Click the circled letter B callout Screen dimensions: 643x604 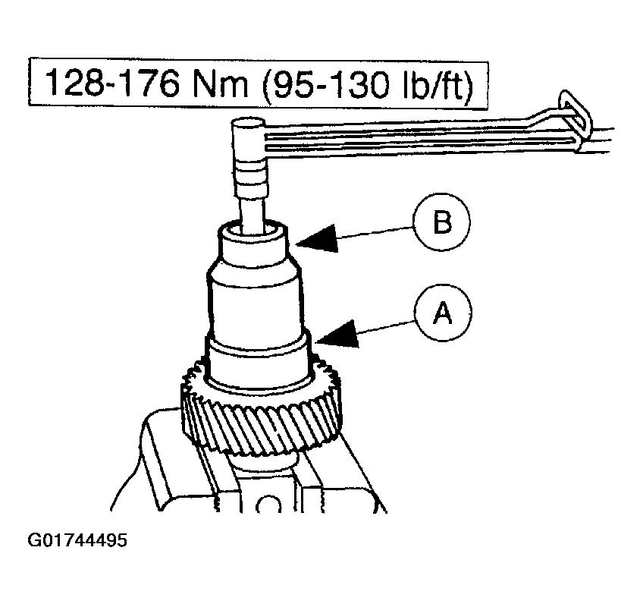[x=442, y=222]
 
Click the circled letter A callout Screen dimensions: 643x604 [x=443, y=313]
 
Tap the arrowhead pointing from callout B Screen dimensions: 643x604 [x=317, y=239]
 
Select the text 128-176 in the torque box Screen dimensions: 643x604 [x=111, y=83]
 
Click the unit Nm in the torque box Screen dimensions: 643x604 [x=219, y=83]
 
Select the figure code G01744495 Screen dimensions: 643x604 [x=77, y=540]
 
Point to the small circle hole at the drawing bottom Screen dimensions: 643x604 [x=268, y=505]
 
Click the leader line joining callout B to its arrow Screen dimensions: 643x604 [x=375, y=232]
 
